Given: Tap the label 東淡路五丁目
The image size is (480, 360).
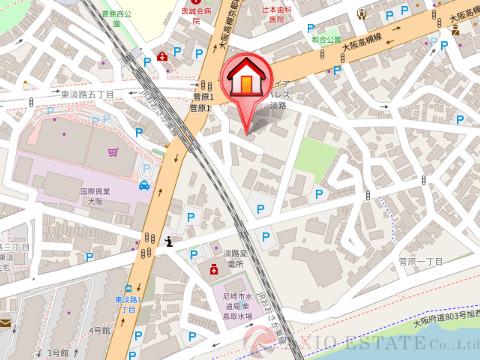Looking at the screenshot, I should (x=89, y=94).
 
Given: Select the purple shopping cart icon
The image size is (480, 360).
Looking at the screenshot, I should (x=113, y=153).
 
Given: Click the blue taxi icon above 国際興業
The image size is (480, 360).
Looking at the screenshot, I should (x=144, y=184).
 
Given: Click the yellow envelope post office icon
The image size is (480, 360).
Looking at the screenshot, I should (x=5, y=323).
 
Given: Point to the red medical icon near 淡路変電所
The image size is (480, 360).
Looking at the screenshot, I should (x=213, y=268).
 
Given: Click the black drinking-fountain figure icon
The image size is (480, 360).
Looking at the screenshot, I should (x=169, y=240).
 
